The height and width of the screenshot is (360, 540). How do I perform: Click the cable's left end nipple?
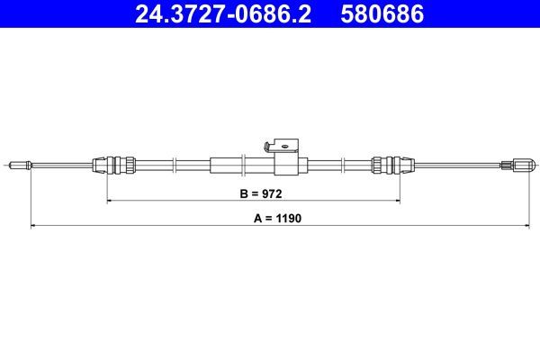[x=19, y=165]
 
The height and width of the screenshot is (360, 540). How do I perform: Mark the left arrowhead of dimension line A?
[x=33, y=226]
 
